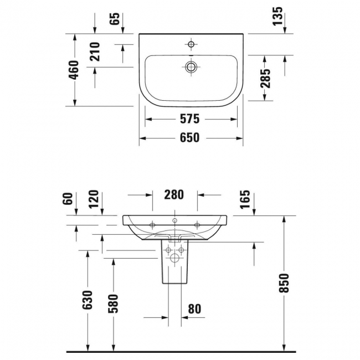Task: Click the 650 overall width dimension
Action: click(190, 138)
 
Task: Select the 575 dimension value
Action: click(190, 120)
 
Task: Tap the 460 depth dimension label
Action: click(74, 70)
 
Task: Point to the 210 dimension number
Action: click(94, 52)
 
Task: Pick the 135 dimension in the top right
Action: click(277, 17)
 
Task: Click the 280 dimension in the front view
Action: click(174, 195)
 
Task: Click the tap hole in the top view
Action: click(191, 44)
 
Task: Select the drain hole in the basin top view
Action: click(191, 67)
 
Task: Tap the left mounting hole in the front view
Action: click(152, 225)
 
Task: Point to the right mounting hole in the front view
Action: click(197, 225)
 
